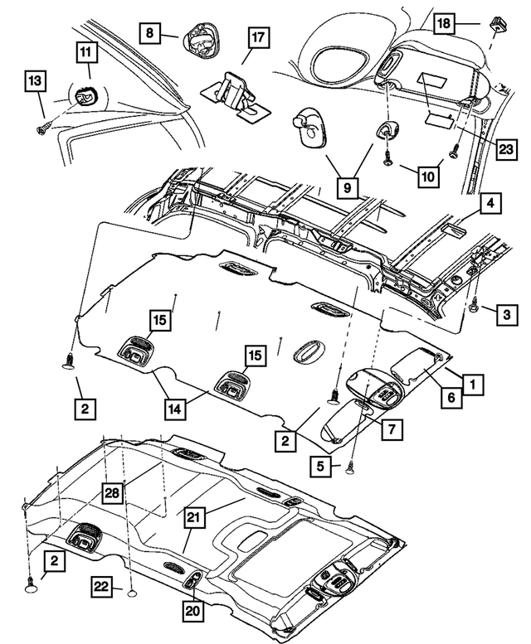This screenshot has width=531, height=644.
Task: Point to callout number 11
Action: click(x=86, y=51)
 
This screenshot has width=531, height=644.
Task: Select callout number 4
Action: click(x=490, y=203)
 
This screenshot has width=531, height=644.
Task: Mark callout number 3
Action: click(x=504, y=312)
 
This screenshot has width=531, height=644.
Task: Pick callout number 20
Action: click(x=193, y=612)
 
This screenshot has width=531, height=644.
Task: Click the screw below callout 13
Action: click(x=41, y=128)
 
